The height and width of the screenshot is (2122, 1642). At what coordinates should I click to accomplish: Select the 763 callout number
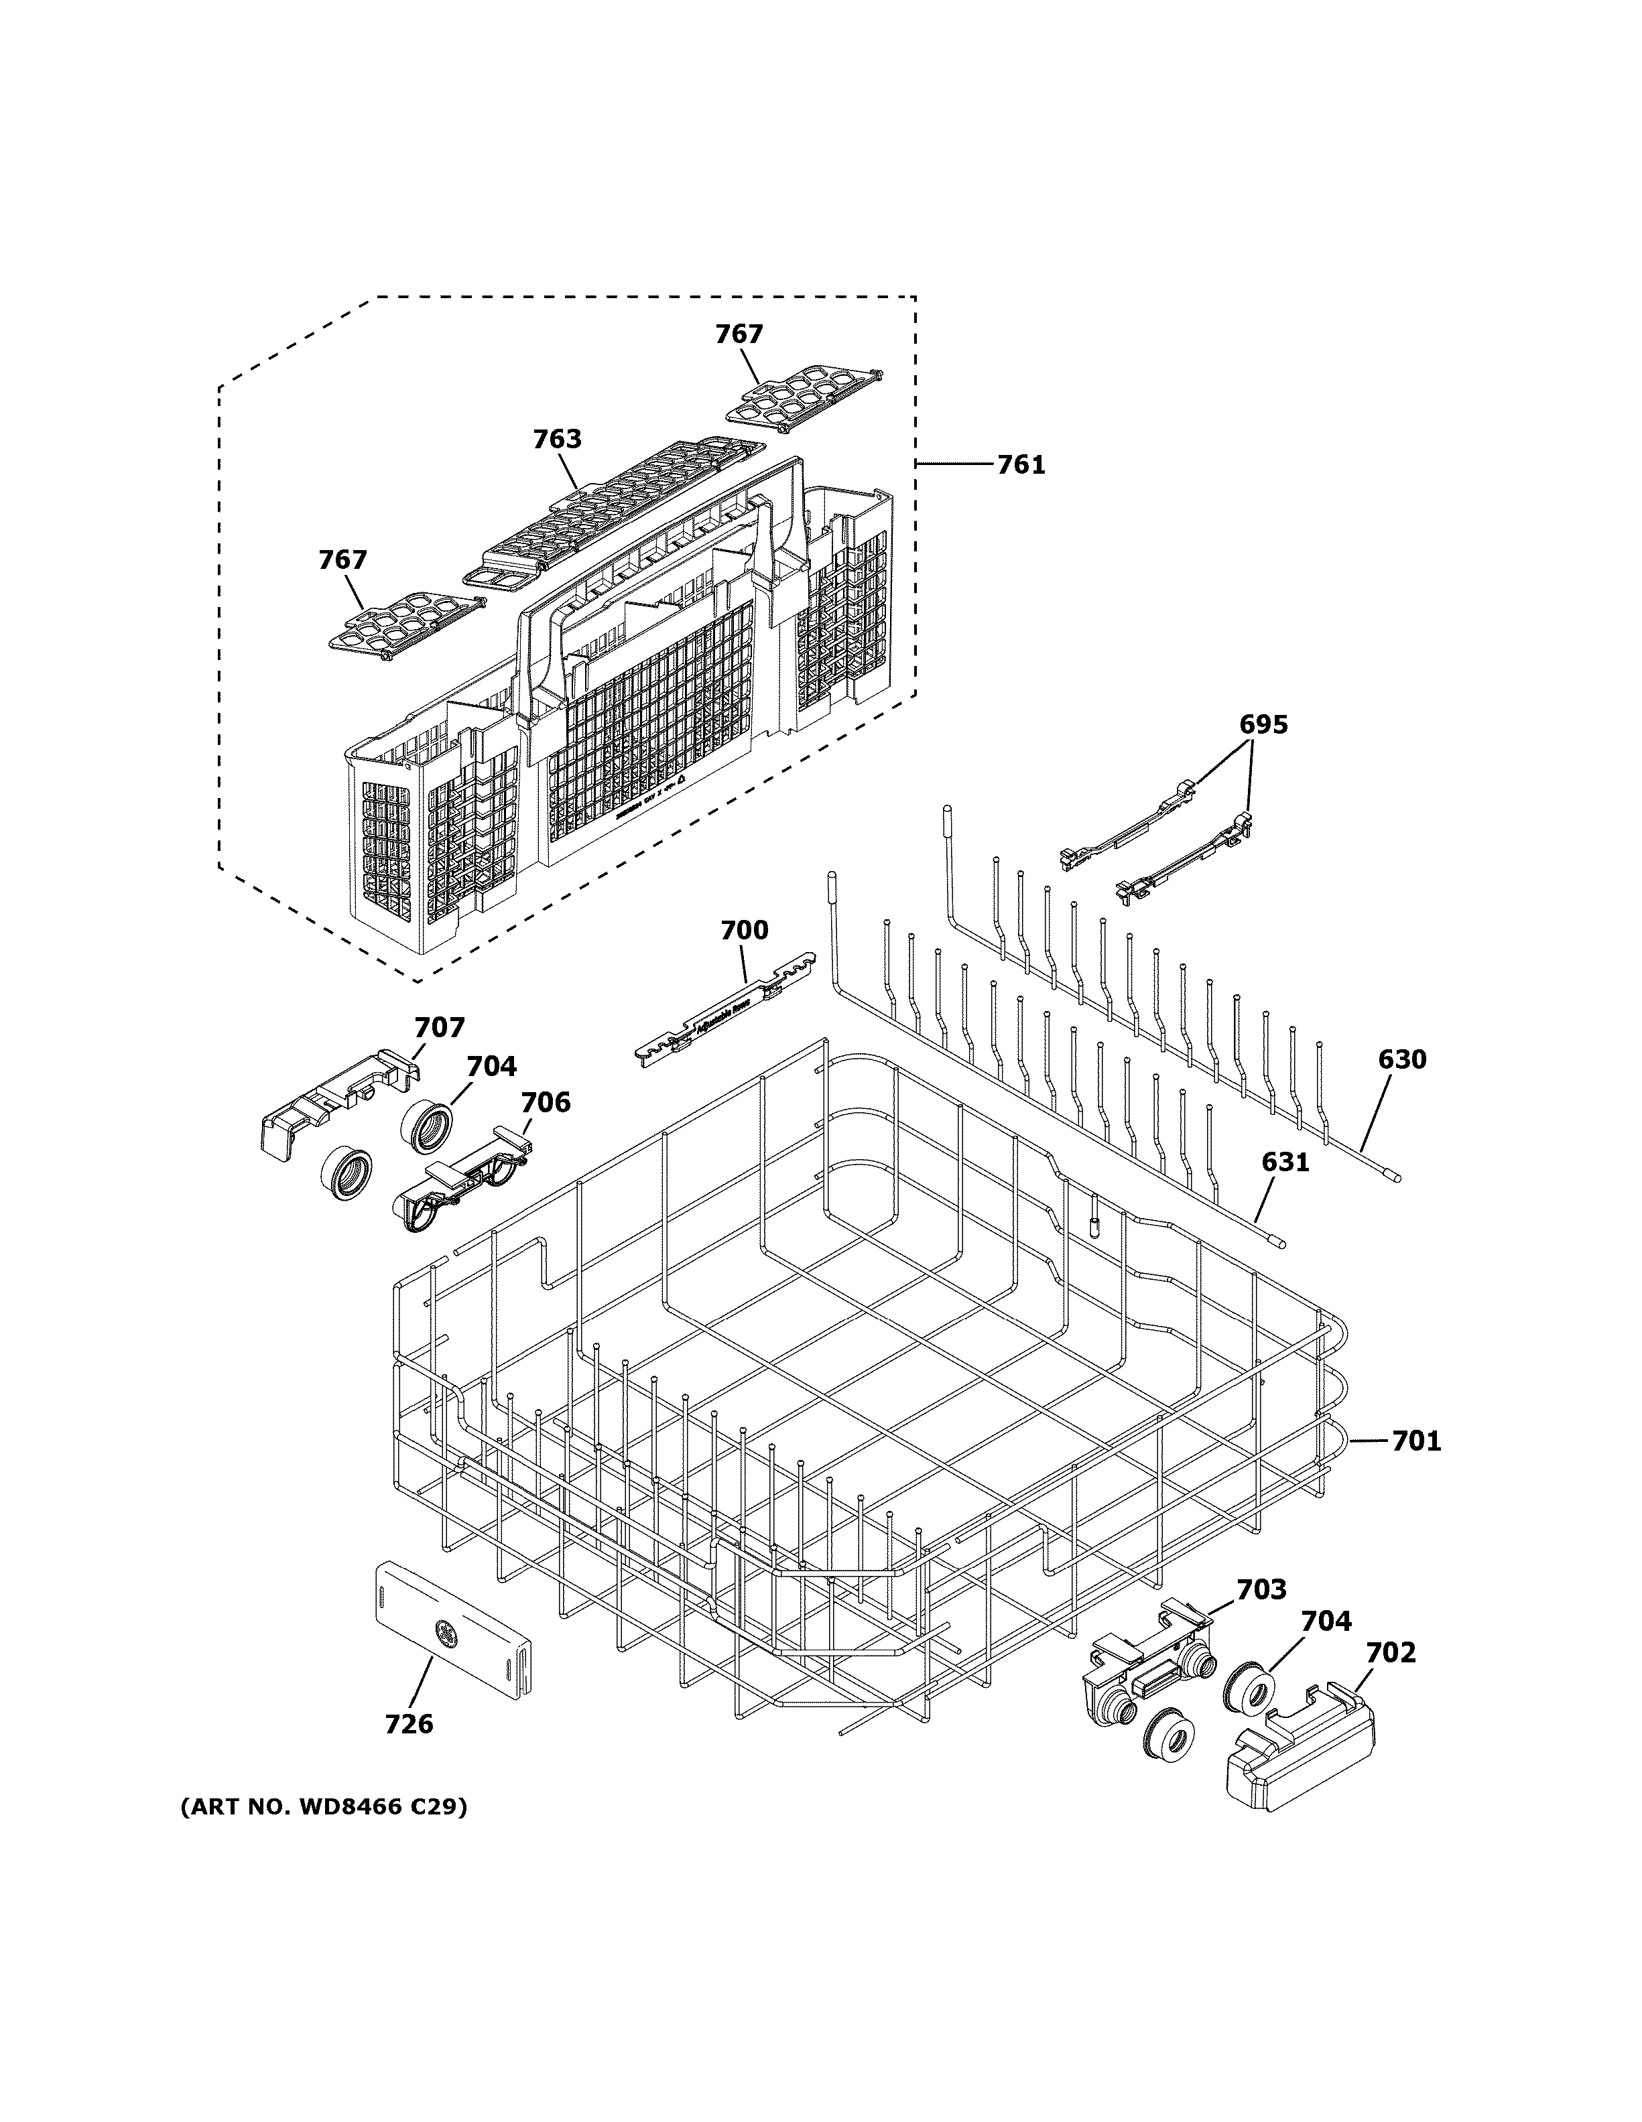557,439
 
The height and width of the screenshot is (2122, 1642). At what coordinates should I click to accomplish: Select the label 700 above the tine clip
744,930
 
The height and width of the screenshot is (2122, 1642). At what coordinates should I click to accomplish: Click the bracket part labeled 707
335,1103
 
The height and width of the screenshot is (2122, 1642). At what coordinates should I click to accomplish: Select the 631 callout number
1285,1161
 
